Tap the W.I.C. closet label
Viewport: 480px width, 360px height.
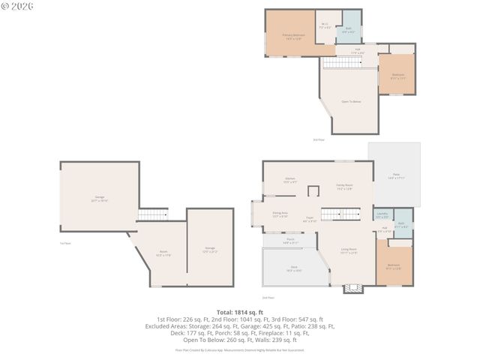pyautogui.click(x=325, y=25)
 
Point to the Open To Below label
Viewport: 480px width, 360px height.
pyautogui.click(x=351, y=101)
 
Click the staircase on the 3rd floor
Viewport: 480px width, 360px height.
pyautogui.click(x=348, y=63)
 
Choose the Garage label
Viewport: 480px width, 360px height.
pyautogui.click(x=99, y=199)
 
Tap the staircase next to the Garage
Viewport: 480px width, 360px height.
pyautogui.click(x=152, y=215)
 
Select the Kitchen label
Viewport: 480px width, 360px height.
pyautogui.click(x=289, y=180)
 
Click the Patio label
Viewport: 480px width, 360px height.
pyautogui.click(x=396, y=177)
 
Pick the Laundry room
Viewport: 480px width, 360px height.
pyautogui.click(x=382, y=215)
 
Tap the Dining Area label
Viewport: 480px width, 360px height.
pyautogui.click(x=280, y=214)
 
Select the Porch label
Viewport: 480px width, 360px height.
pyautogui.click(x=290, y=241)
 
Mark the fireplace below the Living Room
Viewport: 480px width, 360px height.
pyautogui.click(x=352, y=287)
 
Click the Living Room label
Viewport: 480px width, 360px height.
pyautogui.click(x=349, y=250)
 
